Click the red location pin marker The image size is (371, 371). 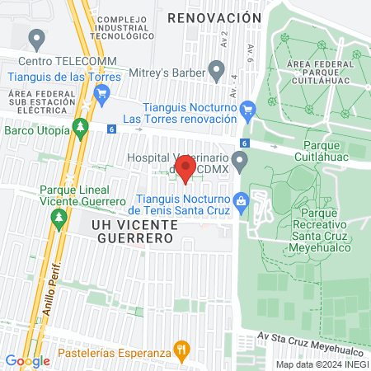pos(186,169)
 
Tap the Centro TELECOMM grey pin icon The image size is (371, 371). pos(35,40)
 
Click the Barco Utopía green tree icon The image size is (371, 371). pos(80,129)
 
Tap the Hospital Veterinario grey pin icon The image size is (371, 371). pos(240,160)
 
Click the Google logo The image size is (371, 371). pos(27,360)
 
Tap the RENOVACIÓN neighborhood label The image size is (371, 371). pos(214,17)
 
